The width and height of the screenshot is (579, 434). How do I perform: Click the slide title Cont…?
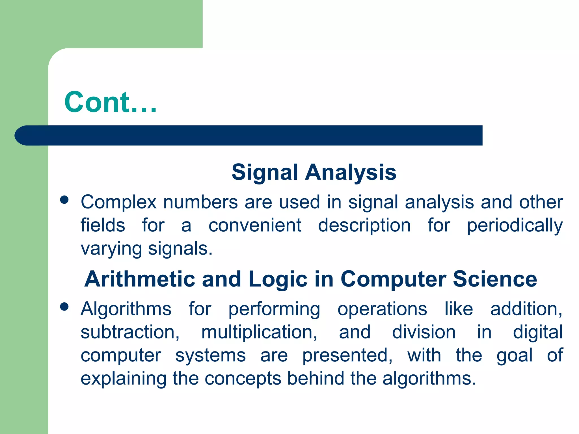click(x=110, y=102)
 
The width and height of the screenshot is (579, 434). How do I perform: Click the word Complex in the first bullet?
click(x=118, y=202)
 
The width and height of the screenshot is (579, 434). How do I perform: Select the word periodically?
click(x=515, y=225)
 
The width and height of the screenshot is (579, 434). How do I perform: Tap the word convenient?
click(x=255, y=225)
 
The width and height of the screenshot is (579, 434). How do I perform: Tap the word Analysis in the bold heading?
click(x=351, y=172)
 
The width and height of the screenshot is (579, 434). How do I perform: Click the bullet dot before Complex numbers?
click(x=64, y=200)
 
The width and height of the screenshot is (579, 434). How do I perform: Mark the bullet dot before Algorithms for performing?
click(x=64, y=307)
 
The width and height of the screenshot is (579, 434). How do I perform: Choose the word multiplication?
click(x=259, y=332)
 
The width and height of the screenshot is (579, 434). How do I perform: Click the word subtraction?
click(x=130, y=332)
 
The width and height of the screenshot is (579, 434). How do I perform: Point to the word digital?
click(x=538, y=332)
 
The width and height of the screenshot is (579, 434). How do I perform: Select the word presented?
click(x=347, y=355)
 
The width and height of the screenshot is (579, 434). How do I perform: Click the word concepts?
click(x=243, y=378)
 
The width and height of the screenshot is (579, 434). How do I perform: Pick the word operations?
click(x=382, y=309)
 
